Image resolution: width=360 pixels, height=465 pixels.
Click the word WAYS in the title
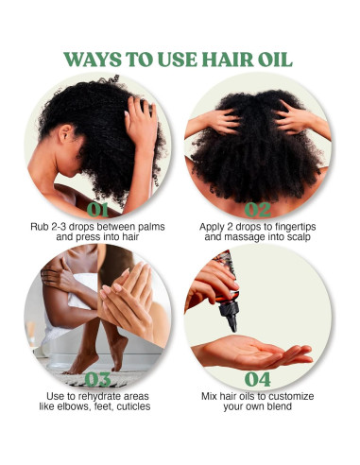point(95,58)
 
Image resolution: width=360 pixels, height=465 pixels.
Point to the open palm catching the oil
point(250,353)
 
